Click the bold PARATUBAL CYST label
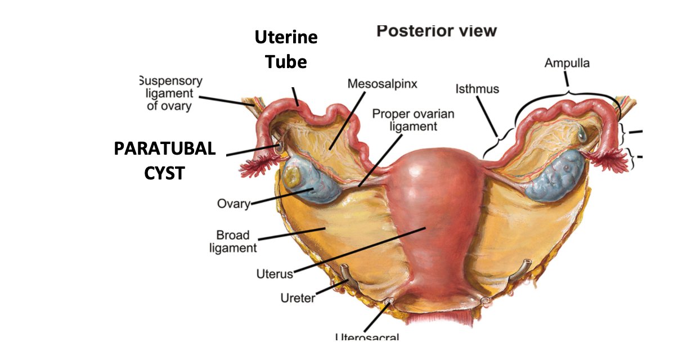point(164,160)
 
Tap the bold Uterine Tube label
point(286,49)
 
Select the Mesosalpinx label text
point(382,84)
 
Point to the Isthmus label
point(477,89)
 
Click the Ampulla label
point(567,63)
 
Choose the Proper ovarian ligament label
point(412,120)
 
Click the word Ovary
point(233,203)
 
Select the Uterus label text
point(275,274)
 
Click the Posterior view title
point(436,30)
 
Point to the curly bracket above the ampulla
point(567,92)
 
